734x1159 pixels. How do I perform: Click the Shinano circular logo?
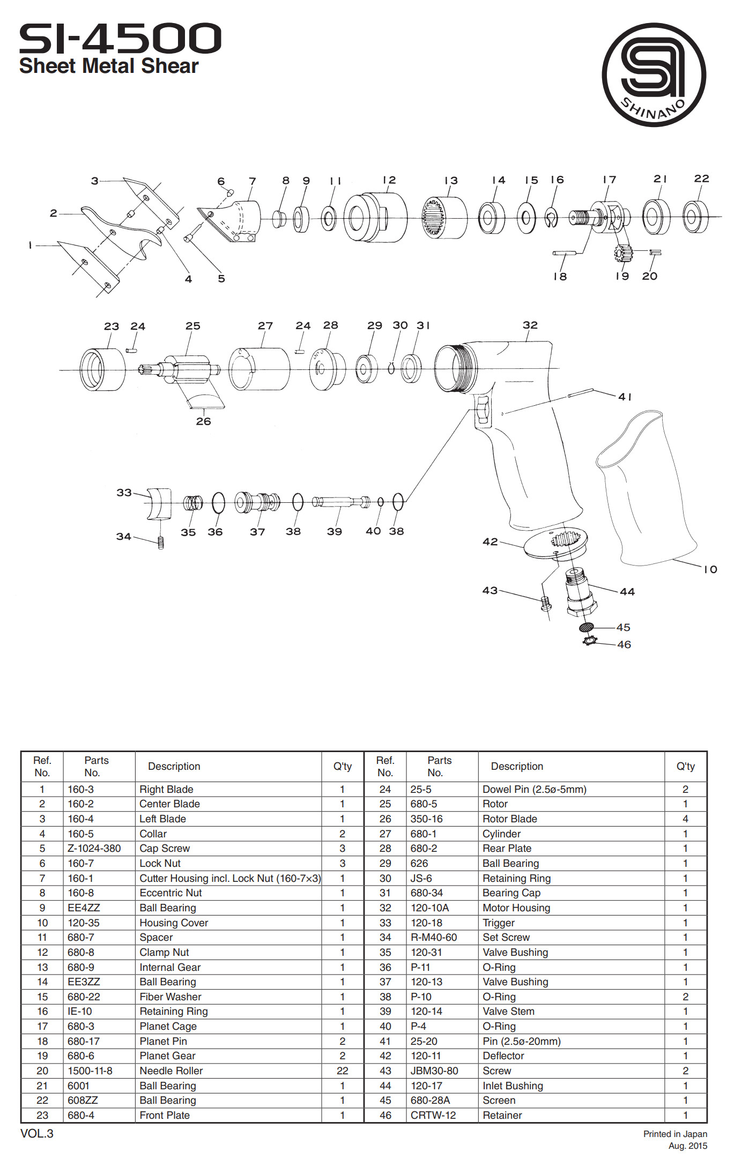654,75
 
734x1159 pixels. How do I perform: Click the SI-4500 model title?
120,38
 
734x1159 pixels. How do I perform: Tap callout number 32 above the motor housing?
530,325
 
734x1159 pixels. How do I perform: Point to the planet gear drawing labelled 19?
624,252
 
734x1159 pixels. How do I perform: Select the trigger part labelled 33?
160,504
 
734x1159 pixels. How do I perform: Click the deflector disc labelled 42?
555,544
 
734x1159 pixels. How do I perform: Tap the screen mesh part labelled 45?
587,627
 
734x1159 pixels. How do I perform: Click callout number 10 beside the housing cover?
710,569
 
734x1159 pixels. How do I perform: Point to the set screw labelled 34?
160,543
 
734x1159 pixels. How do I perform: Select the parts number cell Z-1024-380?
94,849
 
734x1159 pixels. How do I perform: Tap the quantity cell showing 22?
342,1071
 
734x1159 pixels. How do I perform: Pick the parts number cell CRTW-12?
433,1116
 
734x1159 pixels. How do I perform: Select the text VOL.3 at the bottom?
37,1134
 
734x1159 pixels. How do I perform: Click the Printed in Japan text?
675,1134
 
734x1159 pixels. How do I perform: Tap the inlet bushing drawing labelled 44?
580,593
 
